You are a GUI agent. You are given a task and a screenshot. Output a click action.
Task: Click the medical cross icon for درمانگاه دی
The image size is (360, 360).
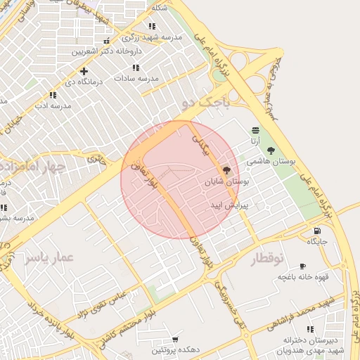[x=84, y=70]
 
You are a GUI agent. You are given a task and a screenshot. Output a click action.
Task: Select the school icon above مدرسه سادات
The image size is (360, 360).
[x=136, y=68]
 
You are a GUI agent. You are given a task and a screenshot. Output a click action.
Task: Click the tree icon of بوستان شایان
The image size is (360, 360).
[x=226, y=170]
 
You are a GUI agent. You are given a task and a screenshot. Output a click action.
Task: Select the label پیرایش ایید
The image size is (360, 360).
[x=225, y=205]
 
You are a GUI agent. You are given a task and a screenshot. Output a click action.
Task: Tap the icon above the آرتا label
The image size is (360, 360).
[x=254, y=130]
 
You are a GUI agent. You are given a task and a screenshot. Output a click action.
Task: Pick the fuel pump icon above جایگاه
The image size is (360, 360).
[x=317, y=231]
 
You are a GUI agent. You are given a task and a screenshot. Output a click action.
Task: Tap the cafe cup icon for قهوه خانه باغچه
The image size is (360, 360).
[x=302, y=266]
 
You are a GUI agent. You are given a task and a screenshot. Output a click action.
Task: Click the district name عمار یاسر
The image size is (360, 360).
[x=49, y=258]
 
